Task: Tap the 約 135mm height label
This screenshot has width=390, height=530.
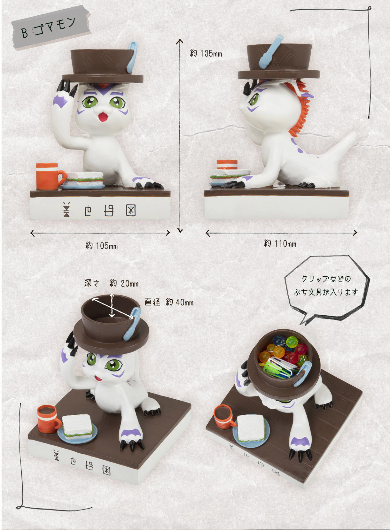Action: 206,53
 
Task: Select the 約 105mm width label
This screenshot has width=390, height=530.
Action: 101,246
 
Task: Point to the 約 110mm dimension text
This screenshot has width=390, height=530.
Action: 280,243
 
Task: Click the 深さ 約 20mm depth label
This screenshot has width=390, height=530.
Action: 111,283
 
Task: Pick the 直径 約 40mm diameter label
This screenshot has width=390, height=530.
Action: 169,302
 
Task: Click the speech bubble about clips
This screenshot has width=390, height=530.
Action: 327,289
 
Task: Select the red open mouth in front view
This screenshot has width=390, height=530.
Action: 103,117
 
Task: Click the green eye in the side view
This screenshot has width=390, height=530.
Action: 254,99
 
